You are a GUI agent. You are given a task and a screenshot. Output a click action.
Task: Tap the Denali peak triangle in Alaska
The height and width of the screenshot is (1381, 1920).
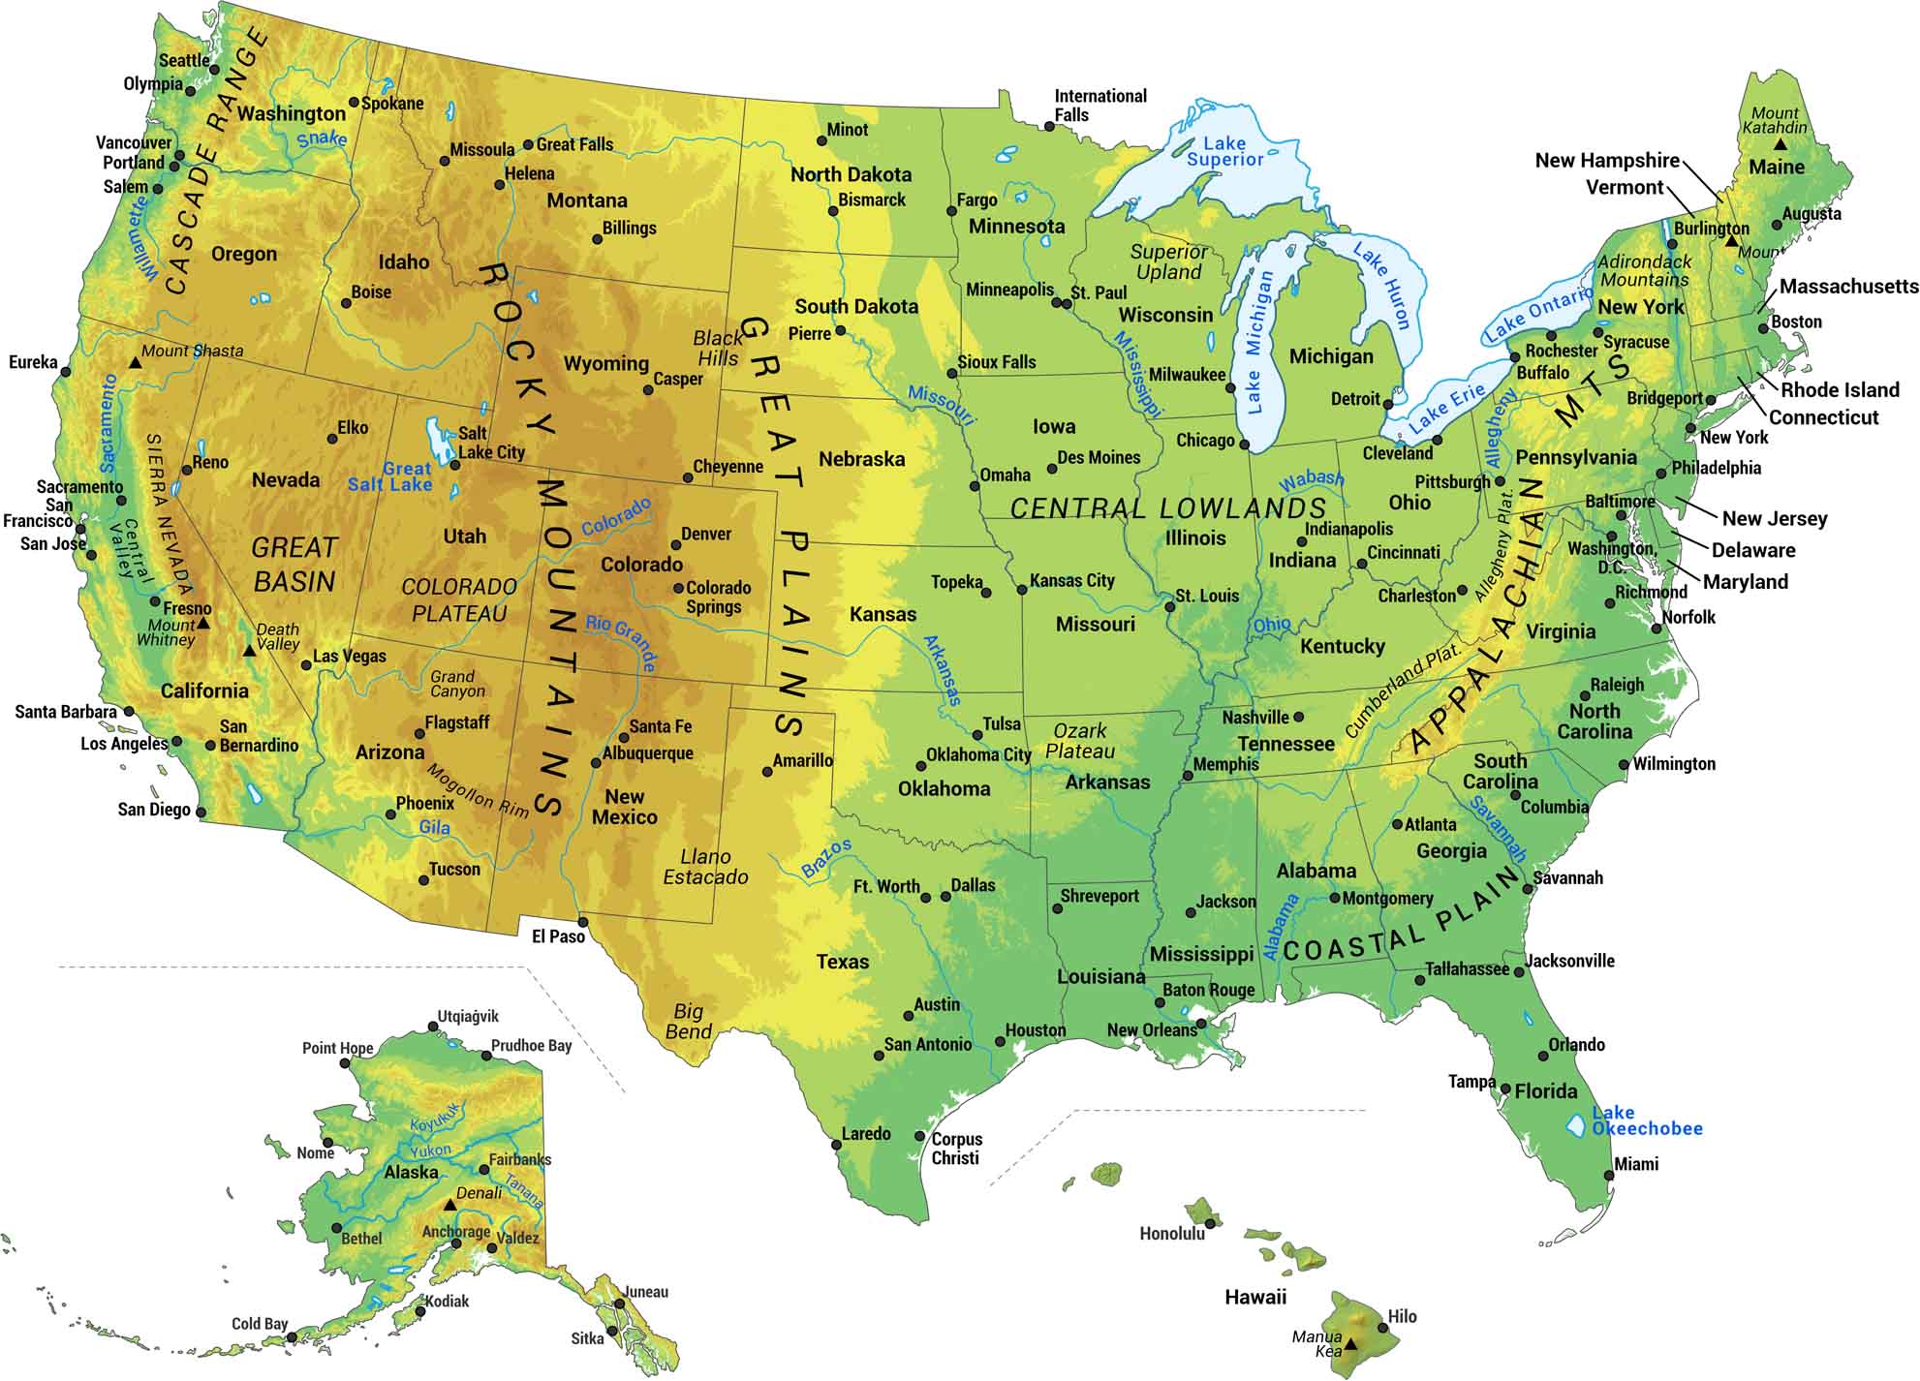[449, 1205]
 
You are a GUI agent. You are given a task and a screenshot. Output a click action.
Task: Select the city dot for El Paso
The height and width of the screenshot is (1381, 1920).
[582, 921]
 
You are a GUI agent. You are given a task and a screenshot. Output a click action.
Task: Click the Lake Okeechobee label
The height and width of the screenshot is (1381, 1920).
[1646, 1120]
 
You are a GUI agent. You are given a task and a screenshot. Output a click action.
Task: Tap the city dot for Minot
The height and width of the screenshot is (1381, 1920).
[821, 140]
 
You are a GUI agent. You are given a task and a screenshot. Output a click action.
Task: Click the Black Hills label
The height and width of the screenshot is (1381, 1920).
[718, 348]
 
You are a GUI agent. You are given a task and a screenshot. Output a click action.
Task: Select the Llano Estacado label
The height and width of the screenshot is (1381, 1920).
[705, 867]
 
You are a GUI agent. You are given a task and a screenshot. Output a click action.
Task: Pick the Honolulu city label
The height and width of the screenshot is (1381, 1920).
[1172, 1233]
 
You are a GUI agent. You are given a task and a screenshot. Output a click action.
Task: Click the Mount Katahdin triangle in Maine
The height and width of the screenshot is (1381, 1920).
[1780, 143]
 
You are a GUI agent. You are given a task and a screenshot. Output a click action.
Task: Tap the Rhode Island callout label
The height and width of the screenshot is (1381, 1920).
[1840, 389]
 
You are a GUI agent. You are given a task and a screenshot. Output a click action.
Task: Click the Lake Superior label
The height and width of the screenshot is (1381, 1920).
[1224, 152]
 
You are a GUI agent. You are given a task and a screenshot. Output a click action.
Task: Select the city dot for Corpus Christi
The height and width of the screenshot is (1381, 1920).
[920, 1136]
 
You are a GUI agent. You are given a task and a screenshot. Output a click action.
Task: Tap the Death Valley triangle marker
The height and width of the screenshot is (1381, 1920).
[249, 651]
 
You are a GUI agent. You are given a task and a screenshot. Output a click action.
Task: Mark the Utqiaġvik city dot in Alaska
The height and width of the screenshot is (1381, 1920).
[433, 1028]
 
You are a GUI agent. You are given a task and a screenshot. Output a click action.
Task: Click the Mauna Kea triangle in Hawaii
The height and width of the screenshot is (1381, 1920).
[1350, 1344]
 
